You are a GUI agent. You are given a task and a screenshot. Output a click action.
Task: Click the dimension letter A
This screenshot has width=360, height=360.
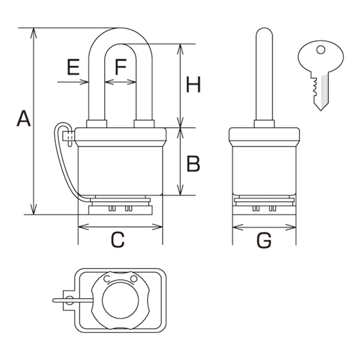point(24,118)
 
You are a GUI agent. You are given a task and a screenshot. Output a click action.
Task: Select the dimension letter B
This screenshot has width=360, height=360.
point(193,164)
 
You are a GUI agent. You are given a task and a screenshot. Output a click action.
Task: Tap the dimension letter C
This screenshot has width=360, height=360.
point(118,240)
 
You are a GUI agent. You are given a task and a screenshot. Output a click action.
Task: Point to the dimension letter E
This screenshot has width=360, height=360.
point(73,67)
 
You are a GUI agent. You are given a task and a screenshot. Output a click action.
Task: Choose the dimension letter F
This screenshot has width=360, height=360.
point(121,67)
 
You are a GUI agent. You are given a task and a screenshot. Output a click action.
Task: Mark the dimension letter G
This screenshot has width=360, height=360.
point(264,240)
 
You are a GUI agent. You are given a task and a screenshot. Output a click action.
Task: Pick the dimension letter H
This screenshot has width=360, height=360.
point(193,85)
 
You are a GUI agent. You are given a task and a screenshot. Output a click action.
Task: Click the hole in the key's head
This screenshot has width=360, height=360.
point(321,50)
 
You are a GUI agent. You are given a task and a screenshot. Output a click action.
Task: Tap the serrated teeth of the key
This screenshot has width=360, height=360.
point(314,86)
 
